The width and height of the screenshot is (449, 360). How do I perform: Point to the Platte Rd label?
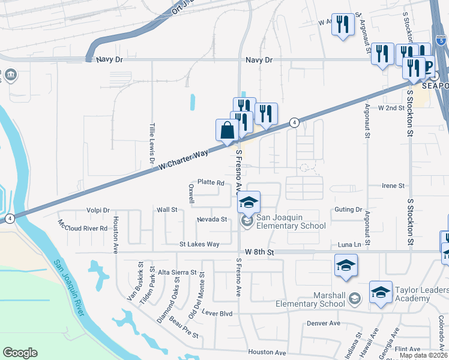(x=211, y=182)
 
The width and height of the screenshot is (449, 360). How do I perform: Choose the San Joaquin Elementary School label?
(x=291, y=221)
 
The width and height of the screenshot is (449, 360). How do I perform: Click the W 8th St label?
(x=259, y=253)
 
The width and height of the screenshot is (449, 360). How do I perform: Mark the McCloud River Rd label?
(x=82, y=228)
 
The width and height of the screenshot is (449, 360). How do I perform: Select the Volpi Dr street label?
(x=98, y=211)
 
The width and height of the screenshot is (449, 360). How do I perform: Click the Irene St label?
(x=393, y=186)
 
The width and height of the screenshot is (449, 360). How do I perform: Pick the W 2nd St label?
(x=391, y=108)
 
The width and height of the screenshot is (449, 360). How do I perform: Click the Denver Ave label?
(x=324, y=323)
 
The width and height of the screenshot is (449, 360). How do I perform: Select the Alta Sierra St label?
(x=177, y=272)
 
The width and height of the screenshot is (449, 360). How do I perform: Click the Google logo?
(x=20, y=353)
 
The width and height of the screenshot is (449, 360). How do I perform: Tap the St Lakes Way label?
(x=199, y=244)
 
